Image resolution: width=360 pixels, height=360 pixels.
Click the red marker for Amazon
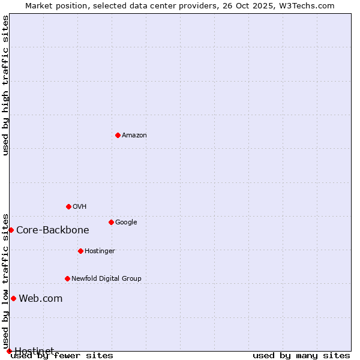pyautogui.click(x=118, y=135)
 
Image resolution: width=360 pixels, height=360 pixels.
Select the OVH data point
pyautogui.click(x=68, y=206)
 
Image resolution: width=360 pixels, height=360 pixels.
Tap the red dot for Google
pyautogui.click(x=111, y=222)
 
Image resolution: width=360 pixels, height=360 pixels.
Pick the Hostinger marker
pyautogui.click(x=80, y=251)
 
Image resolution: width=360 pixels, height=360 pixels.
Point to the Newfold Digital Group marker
pyautogui.click(x=67, y=278)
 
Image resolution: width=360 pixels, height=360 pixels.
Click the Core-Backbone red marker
pyautogui.click(x=11, y=230)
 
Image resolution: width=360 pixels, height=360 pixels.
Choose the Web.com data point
pyautogui.click(x=13, y=298)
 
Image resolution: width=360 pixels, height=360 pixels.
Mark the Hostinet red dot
pyautogui.click(x=9, y=351)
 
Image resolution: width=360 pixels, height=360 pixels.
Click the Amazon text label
pyautogui.click(x=134, y=135)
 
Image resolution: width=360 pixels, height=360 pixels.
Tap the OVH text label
pyautogui.click(x=80, y=206)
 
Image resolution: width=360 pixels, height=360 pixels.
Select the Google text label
pyautogui.click(x=126, y=222)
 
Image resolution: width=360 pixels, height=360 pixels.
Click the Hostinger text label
pyautogui.click(x=100, y=251)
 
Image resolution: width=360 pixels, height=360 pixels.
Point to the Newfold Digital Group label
pyautogui.click(x=106, y=278)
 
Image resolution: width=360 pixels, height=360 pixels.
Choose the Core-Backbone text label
pyautogui.click(x=53, y=230)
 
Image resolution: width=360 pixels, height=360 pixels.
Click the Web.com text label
pyautogui.click(x=41, y=298)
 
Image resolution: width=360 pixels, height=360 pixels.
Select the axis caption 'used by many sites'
pyautogui.click(x=301, y=355)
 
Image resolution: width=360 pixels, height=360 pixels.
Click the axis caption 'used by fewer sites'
pyautogui.click(x=62, y=355)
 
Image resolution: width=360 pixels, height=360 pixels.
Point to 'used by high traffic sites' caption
pyautogui.click(x=5, y=85)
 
